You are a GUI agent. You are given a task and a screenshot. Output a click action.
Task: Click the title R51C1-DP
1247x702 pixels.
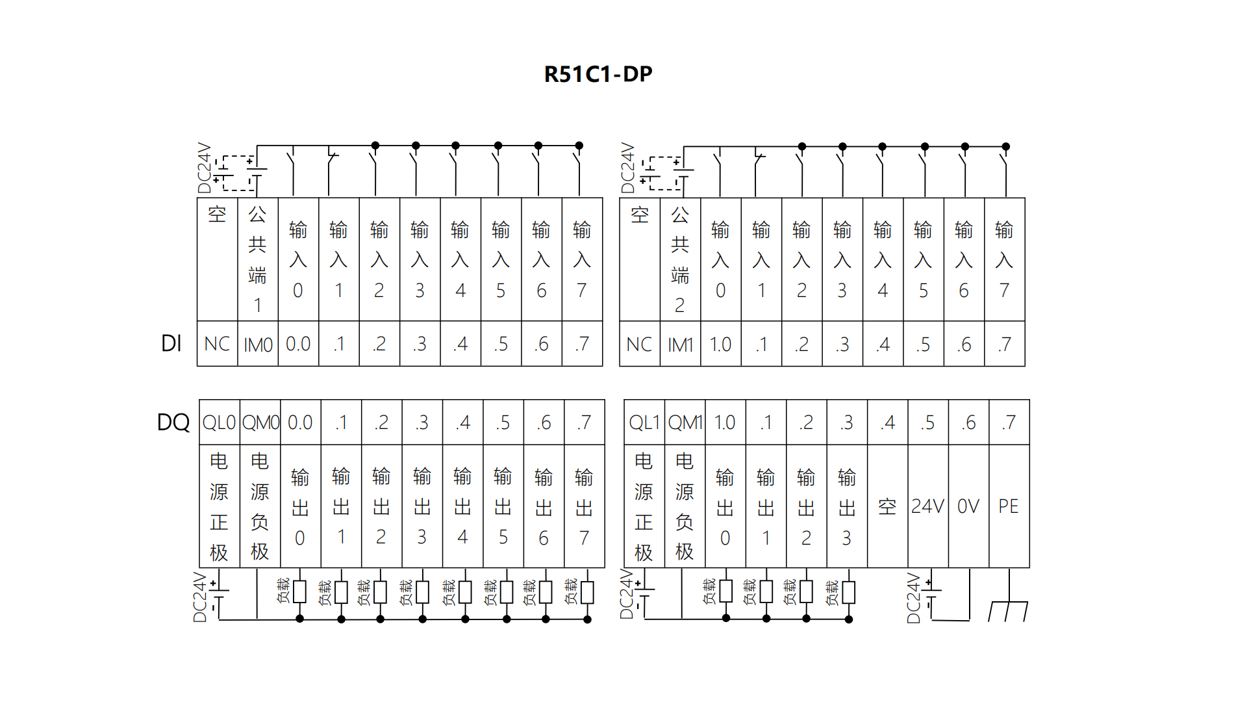(x=598, y=74)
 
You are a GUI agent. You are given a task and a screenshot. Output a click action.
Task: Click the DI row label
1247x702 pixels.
(x=171, y=343)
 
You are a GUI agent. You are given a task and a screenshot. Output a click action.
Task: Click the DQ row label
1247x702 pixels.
(x=173, y=422)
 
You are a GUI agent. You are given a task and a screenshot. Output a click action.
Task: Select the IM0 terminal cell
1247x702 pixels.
(x=258, y=344)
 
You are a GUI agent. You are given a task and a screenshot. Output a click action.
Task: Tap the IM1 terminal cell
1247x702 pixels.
(x=680, y=344)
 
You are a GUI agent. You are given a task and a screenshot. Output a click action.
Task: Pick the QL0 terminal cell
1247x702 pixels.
(x=219, y=422)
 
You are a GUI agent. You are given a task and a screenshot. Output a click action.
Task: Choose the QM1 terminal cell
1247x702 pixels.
(x=685, y=422)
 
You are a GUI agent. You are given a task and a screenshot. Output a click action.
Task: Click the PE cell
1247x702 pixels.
(x=1009, y=506)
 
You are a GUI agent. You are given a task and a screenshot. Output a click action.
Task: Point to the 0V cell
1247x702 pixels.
(x=968, y=506)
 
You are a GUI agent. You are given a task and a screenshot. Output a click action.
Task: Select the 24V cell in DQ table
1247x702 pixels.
(x=927, y=506)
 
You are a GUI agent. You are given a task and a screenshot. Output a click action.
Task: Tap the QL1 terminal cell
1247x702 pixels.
(x=644, y=422)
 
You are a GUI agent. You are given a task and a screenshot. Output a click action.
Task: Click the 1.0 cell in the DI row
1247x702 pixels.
(x=720, y=344)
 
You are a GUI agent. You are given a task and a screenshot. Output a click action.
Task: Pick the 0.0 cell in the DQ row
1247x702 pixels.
(x=299, y=422)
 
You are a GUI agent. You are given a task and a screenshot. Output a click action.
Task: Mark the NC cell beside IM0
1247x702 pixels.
(x=217, y=344)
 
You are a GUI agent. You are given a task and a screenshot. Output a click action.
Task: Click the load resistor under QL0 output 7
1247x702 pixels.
(x=587, y=592)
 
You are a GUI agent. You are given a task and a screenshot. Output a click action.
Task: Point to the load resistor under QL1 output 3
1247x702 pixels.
(x=848, y=592)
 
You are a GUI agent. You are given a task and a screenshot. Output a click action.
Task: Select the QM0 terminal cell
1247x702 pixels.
(x=260, y=422)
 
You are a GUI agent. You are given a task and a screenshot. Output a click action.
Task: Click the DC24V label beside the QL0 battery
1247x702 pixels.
(x=200, y=597)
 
